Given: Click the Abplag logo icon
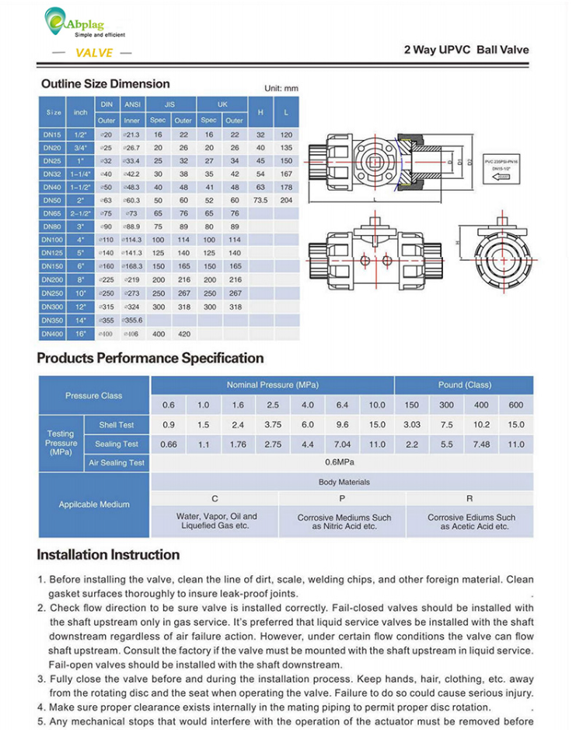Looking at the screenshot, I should (55, 18).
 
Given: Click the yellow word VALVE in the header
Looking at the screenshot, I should (94, 53).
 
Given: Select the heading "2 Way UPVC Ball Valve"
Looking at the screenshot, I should (466, 50).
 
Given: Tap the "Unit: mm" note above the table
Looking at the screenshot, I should (281, 89).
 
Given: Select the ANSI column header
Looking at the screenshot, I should (132, 104).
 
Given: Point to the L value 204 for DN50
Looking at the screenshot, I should (286, 201).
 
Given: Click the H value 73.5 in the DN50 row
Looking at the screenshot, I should (260, 201).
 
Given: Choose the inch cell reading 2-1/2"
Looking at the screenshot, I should (81, 214).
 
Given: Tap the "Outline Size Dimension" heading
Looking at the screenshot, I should (105, 84).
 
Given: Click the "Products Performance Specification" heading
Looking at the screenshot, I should (150, 358).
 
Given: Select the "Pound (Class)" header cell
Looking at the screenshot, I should (465, 385).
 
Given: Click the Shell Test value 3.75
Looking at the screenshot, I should (273, 425).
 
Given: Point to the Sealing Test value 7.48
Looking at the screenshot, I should (481, 444).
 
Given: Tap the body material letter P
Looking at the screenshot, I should (342, 498).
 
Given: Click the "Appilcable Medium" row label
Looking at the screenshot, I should (94, 504).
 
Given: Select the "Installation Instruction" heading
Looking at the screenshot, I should (108, 555).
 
